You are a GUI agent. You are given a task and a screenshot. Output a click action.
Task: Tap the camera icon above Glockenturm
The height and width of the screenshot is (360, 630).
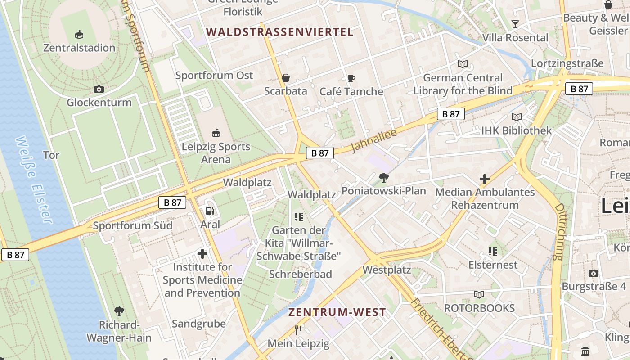99,89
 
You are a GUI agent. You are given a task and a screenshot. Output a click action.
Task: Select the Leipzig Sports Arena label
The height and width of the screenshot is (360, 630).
216,153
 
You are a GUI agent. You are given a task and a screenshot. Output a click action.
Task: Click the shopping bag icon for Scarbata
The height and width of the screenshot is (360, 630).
285,78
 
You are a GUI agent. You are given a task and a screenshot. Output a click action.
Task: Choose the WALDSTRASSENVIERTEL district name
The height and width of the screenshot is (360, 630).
280,32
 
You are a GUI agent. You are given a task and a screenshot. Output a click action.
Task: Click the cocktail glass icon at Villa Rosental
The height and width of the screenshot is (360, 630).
515,24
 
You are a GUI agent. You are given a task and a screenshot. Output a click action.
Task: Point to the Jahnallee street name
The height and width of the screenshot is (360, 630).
373,140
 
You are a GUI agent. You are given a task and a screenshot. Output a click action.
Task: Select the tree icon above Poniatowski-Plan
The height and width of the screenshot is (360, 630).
383,178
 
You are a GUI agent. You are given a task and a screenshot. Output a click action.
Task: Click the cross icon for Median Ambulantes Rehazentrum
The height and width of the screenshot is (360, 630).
484,179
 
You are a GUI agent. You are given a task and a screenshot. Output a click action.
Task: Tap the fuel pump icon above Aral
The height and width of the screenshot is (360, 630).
210,211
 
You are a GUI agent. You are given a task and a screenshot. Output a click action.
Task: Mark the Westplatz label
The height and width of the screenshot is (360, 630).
387,270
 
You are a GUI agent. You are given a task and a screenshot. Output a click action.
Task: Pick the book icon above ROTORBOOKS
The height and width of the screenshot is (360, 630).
479,295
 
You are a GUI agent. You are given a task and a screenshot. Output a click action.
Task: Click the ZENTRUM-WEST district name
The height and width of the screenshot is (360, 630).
337,312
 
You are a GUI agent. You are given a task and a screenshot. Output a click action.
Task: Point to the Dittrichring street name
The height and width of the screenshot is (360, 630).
559,232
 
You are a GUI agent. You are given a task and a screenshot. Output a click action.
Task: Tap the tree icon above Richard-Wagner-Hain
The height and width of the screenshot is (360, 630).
119,311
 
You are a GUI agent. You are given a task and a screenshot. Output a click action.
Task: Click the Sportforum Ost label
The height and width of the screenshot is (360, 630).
214,75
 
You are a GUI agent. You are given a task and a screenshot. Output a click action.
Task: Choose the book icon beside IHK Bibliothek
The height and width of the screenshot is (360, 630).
516,117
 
